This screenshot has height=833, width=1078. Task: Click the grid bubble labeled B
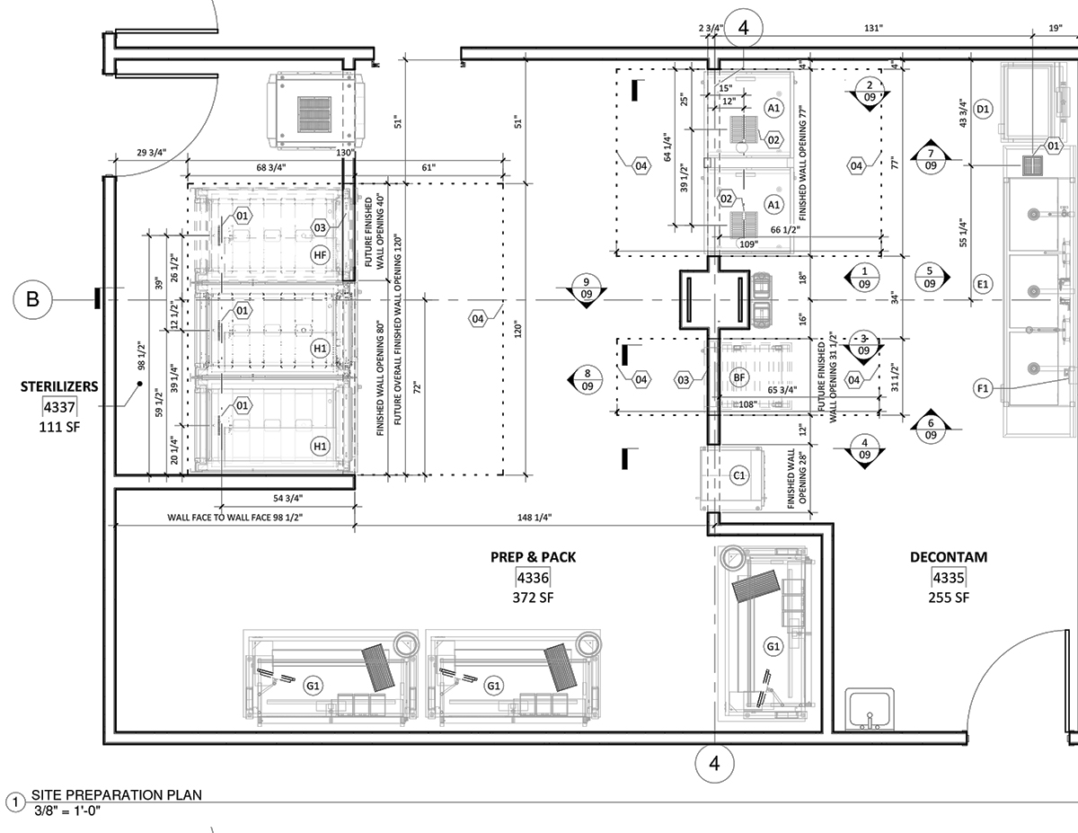[x=32, y=299]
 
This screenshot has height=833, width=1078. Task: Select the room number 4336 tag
[x=533, y=577]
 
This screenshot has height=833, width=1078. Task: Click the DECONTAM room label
[x=949, y=557]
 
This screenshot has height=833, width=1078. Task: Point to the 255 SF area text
[x=949, y=598]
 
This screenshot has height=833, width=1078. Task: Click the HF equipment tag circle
[x=320, y=256]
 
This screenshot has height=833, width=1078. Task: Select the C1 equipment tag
[x=739, y=475]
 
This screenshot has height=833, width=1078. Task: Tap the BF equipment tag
[x=739, y=377]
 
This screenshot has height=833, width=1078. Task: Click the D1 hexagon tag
[x=983, y=110]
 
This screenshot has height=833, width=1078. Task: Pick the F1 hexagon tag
[x=982, y=388]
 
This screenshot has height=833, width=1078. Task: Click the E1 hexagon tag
[x=982, y=285]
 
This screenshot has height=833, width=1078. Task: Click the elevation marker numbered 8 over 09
[x=587, y=379]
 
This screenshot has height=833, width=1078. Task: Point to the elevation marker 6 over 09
[x=930, y=430]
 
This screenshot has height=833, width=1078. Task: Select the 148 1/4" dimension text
[x=534, y=517]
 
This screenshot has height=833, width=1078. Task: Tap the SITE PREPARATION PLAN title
[x=117, y=794]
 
